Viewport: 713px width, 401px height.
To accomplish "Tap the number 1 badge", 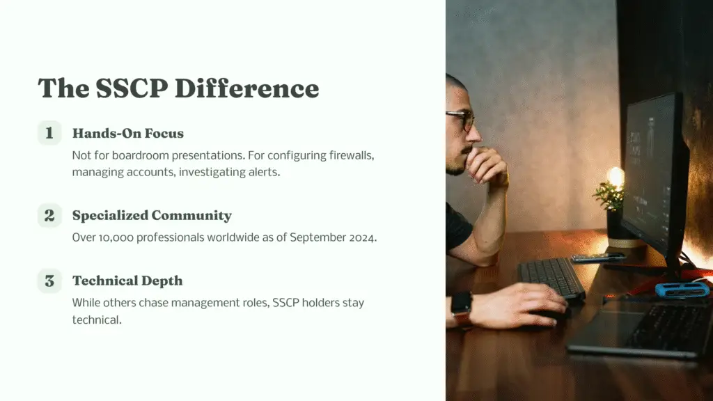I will coord(49,133).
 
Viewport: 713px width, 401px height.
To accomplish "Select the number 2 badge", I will coord(49,215).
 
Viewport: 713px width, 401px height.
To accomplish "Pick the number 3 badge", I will coord(49,281).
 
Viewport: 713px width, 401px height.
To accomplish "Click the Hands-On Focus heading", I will coord(128,133).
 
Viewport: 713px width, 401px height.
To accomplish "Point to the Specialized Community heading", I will coord(152,215).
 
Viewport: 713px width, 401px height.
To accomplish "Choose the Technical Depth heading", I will coord(127,281).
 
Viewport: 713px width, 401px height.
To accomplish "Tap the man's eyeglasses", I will coord(462,119).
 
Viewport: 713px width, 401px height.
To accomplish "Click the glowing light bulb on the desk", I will coord(615,177).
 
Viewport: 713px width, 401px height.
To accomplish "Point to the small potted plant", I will coord(611,202).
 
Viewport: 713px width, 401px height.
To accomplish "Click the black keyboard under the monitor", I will coord(551,277).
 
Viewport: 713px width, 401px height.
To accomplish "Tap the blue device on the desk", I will coord(682,289).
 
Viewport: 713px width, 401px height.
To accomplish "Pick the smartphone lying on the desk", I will coord(597,258).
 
